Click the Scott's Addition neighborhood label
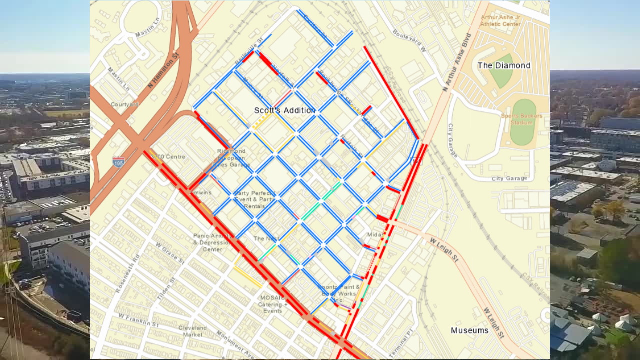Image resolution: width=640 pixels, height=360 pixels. [x=284, y=110]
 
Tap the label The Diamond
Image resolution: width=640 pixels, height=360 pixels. [x=504, y=66]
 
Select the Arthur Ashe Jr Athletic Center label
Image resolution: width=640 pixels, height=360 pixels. [x=500, y=20]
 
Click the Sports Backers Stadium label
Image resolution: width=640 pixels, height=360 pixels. [x=522, y=119]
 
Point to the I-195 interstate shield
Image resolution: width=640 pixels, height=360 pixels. [x=118, y=162]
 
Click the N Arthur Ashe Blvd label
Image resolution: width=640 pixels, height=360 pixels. [x=457, y=62]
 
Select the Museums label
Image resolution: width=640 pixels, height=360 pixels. [x=469, y=330]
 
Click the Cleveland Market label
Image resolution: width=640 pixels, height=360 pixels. [x=193, y=331]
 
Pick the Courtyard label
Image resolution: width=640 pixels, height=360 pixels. [x=125, y=104]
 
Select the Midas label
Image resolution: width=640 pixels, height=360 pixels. [x=375, y=235]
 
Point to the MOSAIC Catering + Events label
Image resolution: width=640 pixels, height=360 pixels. [x=273, y=304]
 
